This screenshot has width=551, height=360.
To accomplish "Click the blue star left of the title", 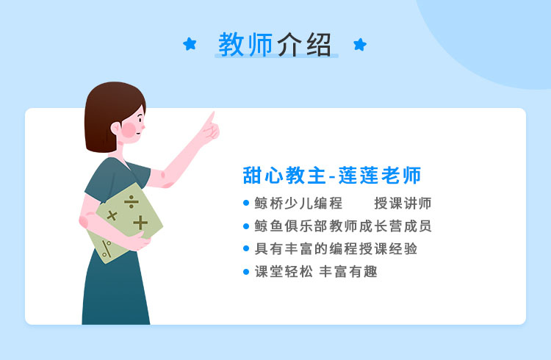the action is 190,44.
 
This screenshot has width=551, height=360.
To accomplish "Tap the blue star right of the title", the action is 360,44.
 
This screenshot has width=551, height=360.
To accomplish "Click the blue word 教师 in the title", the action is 245,44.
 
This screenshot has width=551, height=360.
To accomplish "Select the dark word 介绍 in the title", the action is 304,44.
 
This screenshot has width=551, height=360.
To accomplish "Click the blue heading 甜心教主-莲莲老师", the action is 332,175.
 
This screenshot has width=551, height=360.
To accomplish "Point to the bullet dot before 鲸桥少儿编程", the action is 246,203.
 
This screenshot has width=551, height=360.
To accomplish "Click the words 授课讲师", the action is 403,204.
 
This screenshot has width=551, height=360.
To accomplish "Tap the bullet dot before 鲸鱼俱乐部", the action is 246,226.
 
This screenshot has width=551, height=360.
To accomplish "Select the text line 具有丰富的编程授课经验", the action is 336,248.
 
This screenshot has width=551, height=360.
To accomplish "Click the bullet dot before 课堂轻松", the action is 246,272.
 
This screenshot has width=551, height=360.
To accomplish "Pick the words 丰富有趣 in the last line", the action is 348,272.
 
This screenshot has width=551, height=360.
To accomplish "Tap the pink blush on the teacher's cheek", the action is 129,130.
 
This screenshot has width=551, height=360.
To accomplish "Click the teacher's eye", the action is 140,119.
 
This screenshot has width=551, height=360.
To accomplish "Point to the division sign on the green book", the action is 131,202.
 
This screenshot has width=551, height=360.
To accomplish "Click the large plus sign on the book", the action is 140,223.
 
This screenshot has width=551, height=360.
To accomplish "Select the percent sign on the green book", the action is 107,248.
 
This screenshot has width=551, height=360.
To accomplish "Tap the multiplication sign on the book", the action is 112,215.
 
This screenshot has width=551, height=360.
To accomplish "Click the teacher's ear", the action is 115,128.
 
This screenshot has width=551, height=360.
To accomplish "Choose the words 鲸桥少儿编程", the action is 298,204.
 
